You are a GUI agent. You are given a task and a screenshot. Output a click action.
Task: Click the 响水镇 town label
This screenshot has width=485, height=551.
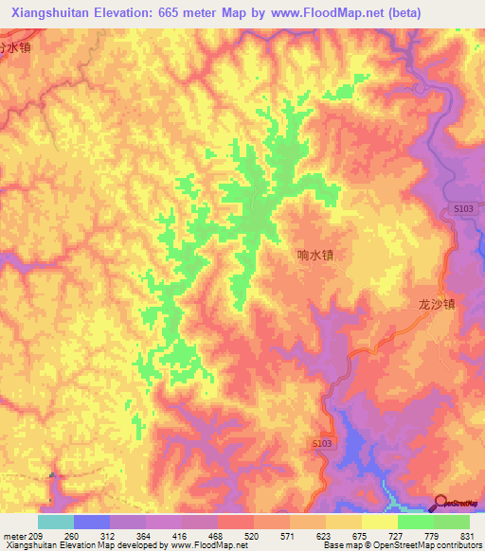tap(314, 255)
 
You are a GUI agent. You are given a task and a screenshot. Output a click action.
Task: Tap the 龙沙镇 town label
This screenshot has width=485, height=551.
tap(437, 305)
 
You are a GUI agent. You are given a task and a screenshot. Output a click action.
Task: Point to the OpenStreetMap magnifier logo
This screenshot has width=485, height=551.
tap(440, 502)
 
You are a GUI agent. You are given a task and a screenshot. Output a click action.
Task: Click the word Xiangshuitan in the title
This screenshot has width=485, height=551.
tap(51, 12)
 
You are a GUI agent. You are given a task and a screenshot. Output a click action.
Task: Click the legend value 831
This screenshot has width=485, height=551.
tap(468, 536)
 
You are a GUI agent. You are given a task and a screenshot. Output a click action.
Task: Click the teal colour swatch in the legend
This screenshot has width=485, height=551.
tap(56, 522)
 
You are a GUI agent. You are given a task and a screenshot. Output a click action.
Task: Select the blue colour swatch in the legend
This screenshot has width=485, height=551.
tap(92, 522)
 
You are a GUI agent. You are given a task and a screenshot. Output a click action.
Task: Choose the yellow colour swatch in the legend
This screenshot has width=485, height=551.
tap(344, 522)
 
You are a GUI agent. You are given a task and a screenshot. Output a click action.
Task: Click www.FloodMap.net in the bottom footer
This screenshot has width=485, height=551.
tap(204, 545)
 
